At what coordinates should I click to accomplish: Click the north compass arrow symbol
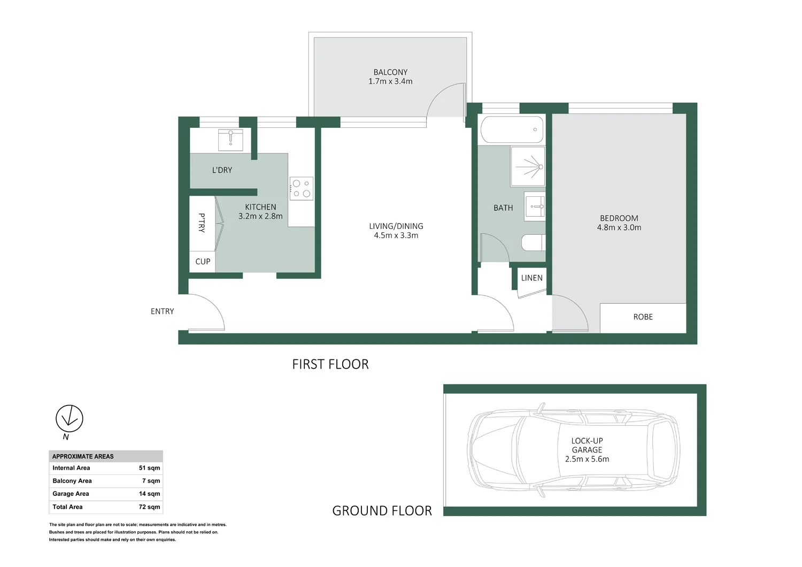coord(70,418)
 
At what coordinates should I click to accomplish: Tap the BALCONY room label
coord(390,72)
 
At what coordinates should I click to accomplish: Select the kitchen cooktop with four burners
coord(301,188)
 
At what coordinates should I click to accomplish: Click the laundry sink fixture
coord(230,140)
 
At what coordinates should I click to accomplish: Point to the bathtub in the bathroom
coord(512,129)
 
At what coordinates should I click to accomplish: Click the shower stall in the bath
coord(528,166)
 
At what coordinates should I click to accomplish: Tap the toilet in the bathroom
coord(533,242)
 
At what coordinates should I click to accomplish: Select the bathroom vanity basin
coord(535,206)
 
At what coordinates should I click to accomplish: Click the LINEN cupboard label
coord(531,278)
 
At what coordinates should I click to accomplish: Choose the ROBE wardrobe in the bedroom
coord(643,317)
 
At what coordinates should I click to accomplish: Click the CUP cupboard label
coord(203,262)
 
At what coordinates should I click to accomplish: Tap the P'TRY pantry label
coord(202,223)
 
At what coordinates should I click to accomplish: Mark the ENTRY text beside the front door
coord(162,311)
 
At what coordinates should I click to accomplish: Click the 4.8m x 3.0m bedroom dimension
coord(619,227)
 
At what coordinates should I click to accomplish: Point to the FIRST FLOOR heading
coord(330,364)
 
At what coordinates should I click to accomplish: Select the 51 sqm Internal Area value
coord(149,468)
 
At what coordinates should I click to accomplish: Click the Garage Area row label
coord(71,494)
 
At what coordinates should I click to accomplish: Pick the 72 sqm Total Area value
coord(149,507)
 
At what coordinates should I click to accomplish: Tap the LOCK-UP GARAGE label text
coord(587,445)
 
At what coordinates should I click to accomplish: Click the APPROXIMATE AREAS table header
coord(83,456)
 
